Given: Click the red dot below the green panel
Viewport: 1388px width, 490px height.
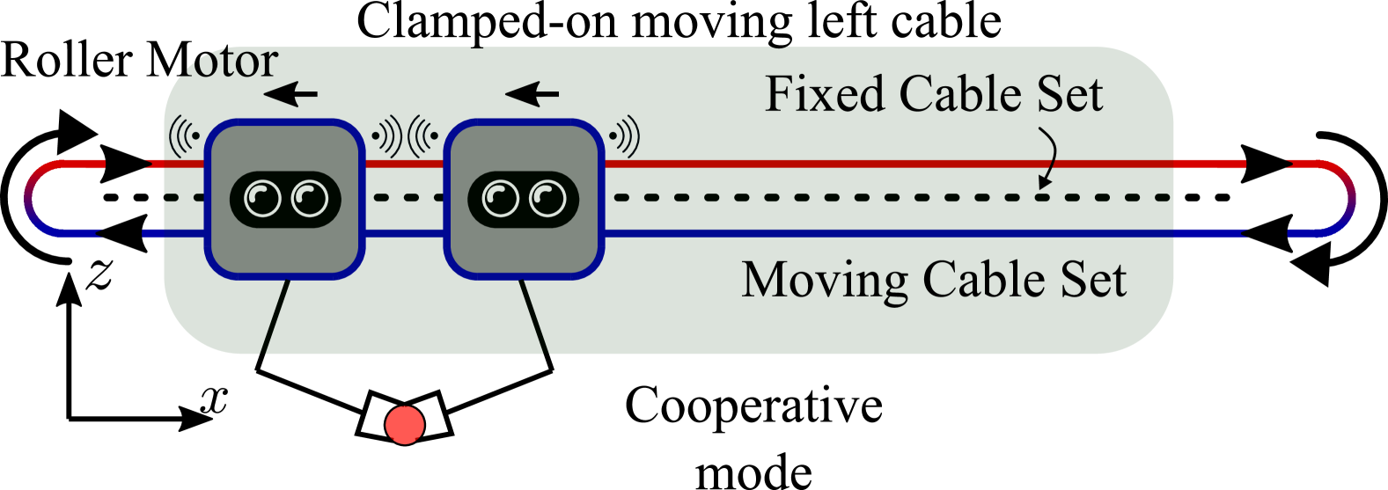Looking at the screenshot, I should (x=405, y=425).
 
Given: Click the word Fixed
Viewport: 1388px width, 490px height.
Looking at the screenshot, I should (x=824, y=94).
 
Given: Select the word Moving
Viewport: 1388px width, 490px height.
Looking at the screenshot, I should (x=824, y=281).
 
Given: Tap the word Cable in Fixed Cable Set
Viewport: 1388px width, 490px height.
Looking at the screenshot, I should (x=966, y=94).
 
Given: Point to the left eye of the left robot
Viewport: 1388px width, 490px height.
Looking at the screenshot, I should (x=262, y=199).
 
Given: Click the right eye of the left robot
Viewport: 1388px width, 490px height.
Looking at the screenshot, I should (x=309, y=199).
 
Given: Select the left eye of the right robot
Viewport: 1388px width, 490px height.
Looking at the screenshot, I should (x=501, y=199).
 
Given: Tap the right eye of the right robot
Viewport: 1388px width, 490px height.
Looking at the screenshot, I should (x=547, y=199).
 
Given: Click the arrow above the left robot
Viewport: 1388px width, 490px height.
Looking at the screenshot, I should (x=291, y=92).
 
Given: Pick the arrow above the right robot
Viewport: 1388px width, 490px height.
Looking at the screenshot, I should (x=532, y=92).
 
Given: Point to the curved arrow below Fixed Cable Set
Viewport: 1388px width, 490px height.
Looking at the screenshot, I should (x=1047, y=158).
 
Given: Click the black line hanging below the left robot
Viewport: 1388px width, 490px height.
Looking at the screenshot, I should (x=275, y=318).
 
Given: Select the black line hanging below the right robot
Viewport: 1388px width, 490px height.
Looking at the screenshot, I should (x=534, y=318).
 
